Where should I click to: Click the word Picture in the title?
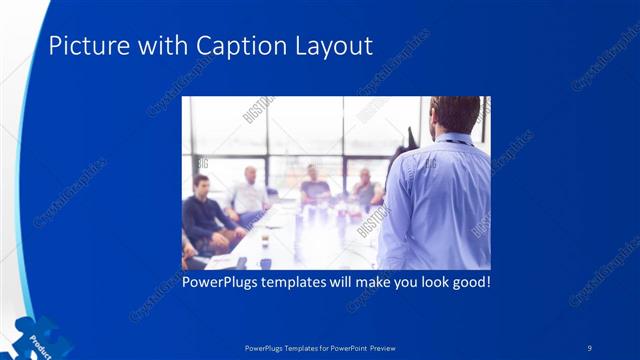click(82, 46)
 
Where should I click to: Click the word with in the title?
click(143, 46)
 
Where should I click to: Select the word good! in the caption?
click(469, 282)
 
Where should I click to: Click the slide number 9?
click(589, 347)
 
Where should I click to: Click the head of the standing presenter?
click(455, 115)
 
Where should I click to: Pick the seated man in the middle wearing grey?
click(313, 185)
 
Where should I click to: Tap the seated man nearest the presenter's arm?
click(366, 190)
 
